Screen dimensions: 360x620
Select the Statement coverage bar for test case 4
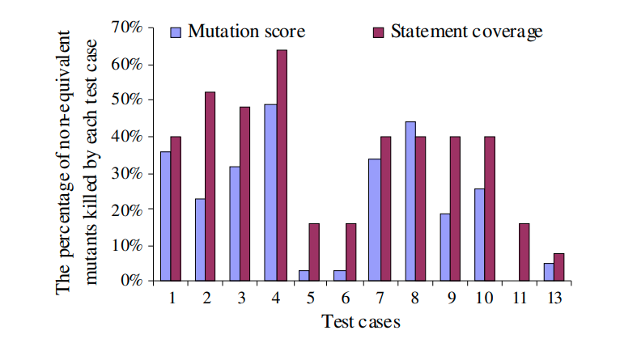(x=282, y=166)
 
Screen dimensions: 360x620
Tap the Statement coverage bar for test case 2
(x=210, y=187)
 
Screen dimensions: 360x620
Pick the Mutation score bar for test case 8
(x=410, y=201)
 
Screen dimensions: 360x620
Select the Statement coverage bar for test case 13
(x=559, y=268)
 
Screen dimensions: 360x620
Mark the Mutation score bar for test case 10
(x=479, y=235)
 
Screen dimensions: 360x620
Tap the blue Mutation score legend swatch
(x=176, y=32)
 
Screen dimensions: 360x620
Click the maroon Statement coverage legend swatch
(x=378, y=32)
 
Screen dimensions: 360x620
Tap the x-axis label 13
(x=554, y=298)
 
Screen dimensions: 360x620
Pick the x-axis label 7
(x=380, y=298)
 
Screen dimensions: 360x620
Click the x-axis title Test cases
(x=360, y=321)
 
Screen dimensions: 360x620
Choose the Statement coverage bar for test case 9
(x=456, y=209)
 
